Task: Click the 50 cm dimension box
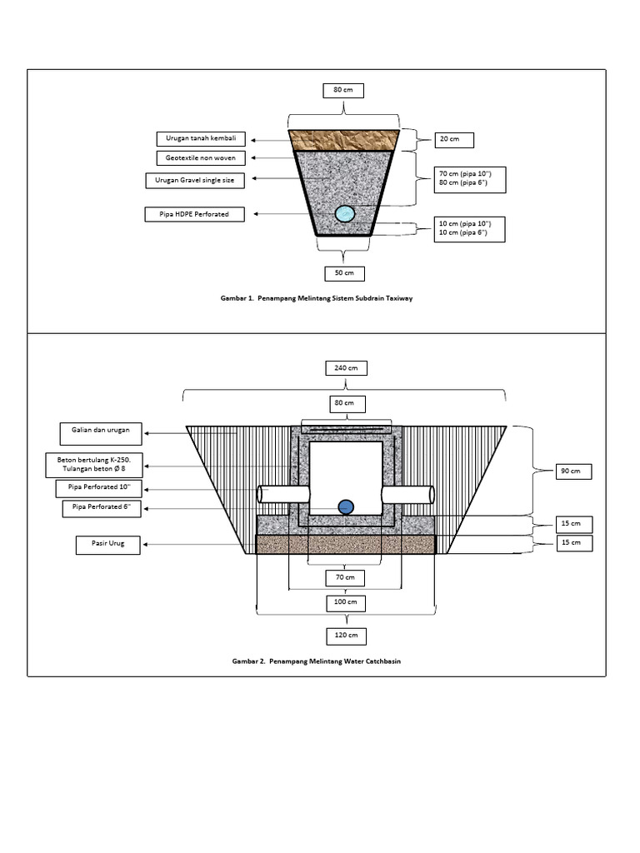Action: click(x=344, y=272)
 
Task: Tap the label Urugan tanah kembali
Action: click(x=201, y=138)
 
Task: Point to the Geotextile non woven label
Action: click(x=201, y=158)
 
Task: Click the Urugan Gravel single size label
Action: click(x=201, y=180)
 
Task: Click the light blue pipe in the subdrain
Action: click(x=344, y=214)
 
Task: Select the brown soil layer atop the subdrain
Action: click(x=344, y=140)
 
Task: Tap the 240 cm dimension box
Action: click(x=344, y=367)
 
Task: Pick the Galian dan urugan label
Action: click(x=101, y=432)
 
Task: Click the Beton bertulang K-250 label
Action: click(x=101, y=464)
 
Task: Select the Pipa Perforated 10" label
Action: click(x=101, y=488)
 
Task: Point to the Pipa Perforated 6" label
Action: click(x=101, y=509)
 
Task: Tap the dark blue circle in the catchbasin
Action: click(x=344, y=506)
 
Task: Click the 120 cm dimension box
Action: click(x=344, y=636)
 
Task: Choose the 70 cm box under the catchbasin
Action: click(x=344, y=577)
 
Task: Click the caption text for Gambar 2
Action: click(x=321, y=661)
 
